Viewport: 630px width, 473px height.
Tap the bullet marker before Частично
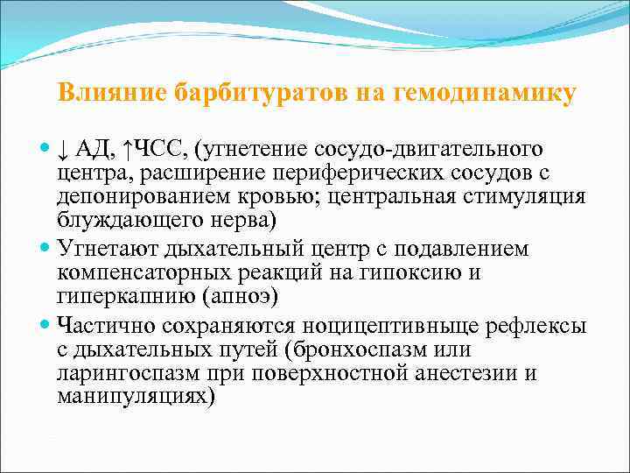point(46,325)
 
